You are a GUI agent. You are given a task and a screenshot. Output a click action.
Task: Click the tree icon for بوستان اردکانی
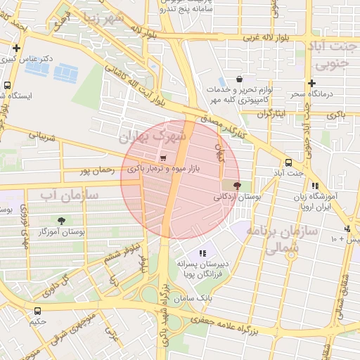[x=236, y=186]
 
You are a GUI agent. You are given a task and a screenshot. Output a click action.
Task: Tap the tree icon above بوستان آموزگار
[x=62, y=220]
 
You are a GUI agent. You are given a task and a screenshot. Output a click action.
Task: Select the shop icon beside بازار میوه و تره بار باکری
[x=163, y=158]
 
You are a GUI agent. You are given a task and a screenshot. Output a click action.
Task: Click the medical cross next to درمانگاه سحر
[x=311, y=82]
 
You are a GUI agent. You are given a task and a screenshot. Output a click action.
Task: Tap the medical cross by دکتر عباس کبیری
[x=16, y=49]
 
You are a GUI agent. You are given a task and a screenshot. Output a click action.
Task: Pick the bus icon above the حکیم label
[x=37, y=310]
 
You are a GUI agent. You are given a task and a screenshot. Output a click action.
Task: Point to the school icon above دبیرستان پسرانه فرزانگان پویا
[x=203, y=252]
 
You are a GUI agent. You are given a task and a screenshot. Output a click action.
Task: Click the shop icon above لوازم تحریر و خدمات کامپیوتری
[x=240, y=79]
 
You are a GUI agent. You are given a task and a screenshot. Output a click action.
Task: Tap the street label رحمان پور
[x=96, y=169]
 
